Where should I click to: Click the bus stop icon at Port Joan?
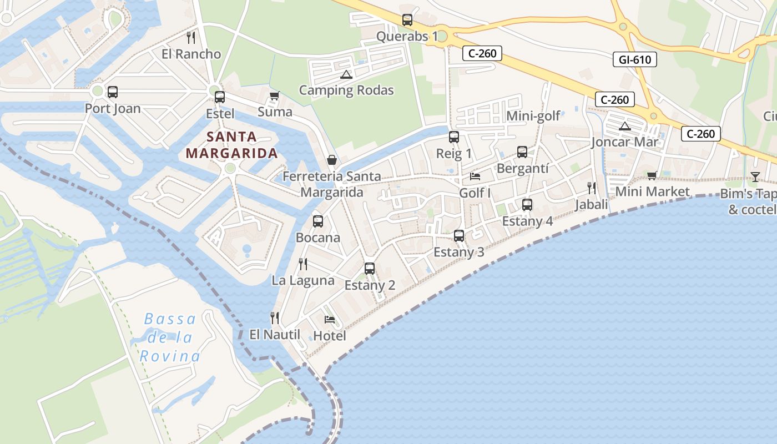[113, 92]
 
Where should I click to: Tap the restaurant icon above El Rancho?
[191, 38]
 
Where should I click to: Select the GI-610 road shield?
[634, 59]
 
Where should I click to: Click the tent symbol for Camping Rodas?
[346, 74]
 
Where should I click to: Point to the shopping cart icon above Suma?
[274, 96]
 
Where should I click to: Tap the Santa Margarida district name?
[231, 144]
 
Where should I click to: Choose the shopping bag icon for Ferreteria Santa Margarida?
[331, 160]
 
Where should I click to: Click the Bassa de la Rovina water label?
[169, 337]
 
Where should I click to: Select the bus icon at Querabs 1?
[407, 21]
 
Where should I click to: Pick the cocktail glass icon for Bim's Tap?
[755, 177]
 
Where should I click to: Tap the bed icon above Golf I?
[475, 176]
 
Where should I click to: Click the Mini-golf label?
[533, 116]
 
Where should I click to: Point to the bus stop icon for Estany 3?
[459, 236]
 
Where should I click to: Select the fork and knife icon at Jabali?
[592, 188]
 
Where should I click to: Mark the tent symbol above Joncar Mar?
[625, 126]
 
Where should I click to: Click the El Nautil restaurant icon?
[274, 318]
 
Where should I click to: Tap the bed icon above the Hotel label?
[330, 320]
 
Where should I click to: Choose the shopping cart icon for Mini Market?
[652, 176]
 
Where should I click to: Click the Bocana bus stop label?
[318, 238]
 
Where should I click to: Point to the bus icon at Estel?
[220, 97]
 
